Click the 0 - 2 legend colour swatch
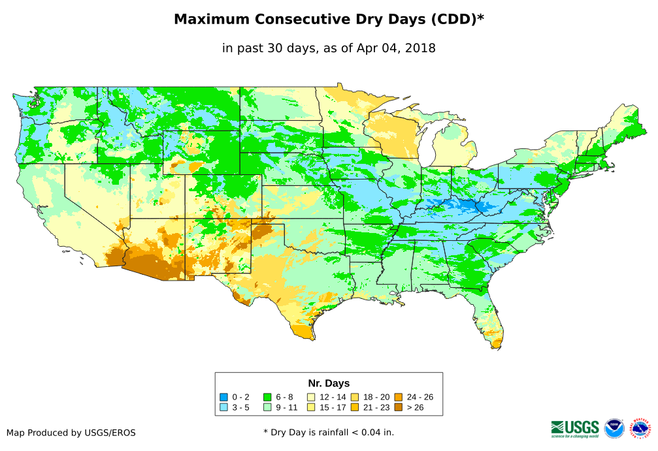224,397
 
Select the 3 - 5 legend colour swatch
224,407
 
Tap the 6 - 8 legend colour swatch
267,397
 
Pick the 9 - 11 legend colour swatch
267,407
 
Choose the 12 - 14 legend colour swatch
312,397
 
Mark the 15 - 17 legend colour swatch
312,407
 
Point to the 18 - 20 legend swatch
355,397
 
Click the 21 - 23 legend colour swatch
355,407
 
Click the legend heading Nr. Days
329,383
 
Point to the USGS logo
575,428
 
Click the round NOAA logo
614,428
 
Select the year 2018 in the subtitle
420,48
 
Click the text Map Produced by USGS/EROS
71,433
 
